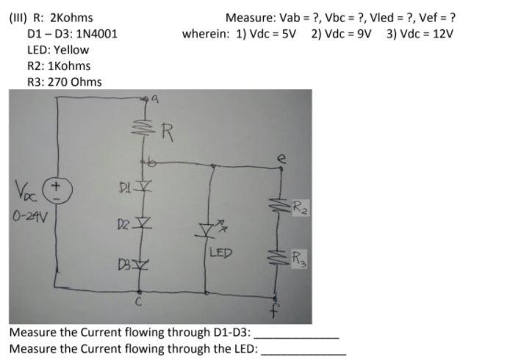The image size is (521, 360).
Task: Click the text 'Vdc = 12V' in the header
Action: click(423, 34)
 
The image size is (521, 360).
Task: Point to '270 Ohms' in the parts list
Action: click(75, 82)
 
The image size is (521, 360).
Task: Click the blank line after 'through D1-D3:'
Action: click(297, 334)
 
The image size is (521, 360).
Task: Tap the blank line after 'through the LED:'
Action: click(304, 349)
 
